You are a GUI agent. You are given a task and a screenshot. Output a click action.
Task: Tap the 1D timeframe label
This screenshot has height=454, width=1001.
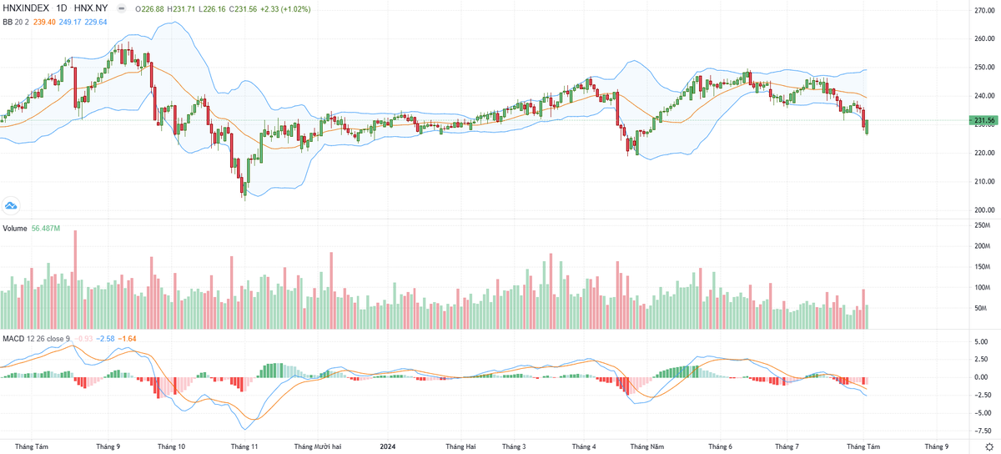pyautogui.click(x=62, y=8)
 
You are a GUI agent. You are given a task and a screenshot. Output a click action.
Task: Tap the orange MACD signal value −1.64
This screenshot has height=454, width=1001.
pyautogui.click(x=127, y=338)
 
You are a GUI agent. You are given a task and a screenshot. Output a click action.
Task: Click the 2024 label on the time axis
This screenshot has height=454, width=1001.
pyautogui.click(x=388, y=446)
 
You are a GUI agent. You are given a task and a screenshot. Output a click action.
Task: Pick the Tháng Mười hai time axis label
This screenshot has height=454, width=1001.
pyautogui.click(x=318, y=446)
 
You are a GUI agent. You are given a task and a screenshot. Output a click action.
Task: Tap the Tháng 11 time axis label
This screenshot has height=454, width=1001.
pyautogui.click(x=245, y=446)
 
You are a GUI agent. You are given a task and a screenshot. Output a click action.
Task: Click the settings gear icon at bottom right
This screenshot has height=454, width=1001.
pyautogui.click(x=988, y=447)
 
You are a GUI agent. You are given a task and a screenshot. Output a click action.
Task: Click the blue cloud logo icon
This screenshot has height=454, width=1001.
pyautogui.click(x=12, y=204)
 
